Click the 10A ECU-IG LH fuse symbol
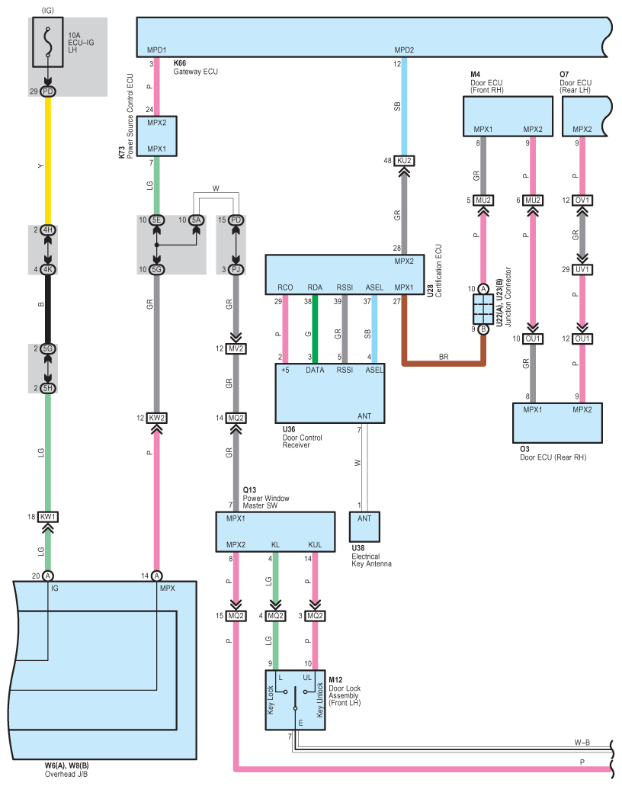47,42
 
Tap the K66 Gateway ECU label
195,67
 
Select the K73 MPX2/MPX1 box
157,136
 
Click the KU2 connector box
404,160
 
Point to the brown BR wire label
444,357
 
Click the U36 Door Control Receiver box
330,393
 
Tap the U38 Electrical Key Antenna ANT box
364,526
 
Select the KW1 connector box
48,516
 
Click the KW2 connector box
157,418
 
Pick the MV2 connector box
236,348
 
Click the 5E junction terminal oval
156,220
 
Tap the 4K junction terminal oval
47,269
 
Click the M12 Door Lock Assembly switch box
295,700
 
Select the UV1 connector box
582,269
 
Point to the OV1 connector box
582,200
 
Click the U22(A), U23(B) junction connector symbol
483,309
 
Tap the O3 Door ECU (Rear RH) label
553,453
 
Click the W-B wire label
582,743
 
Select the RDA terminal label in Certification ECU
315,287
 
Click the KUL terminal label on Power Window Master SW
315,544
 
